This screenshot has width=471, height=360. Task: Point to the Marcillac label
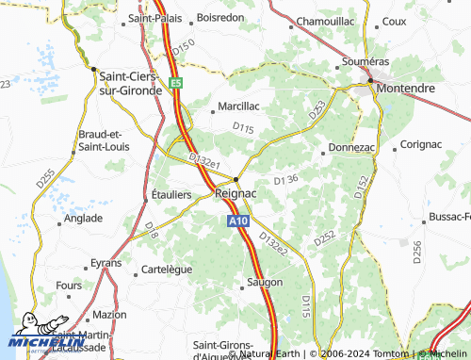point(239,106)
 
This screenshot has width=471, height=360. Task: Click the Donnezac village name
point(352,149)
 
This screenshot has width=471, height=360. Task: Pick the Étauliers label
point(171,194)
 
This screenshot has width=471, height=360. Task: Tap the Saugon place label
point(265,282)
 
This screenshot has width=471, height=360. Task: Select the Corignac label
point(420,144)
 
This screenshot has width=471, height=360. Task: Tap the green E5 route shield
point(176,83)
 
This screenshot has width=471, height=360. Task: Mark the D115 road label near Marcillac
point(243,127)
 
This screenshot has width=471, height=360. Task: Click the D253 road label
point(316,109)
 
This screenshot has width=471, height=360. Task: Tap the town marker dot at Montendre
point(371,79)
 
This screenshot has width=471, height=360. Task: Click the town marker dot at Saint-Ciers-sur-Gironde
point(93,68)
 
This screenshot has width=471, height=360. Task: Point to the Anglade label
point(83,218)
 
